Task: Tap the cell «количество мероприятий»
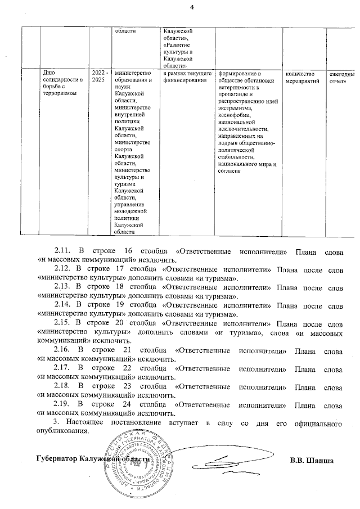(x=303, y=78)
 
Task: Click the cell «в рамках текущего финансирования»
(x=187, y=78)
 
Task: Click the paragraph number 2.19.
(x=61, y=405)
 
